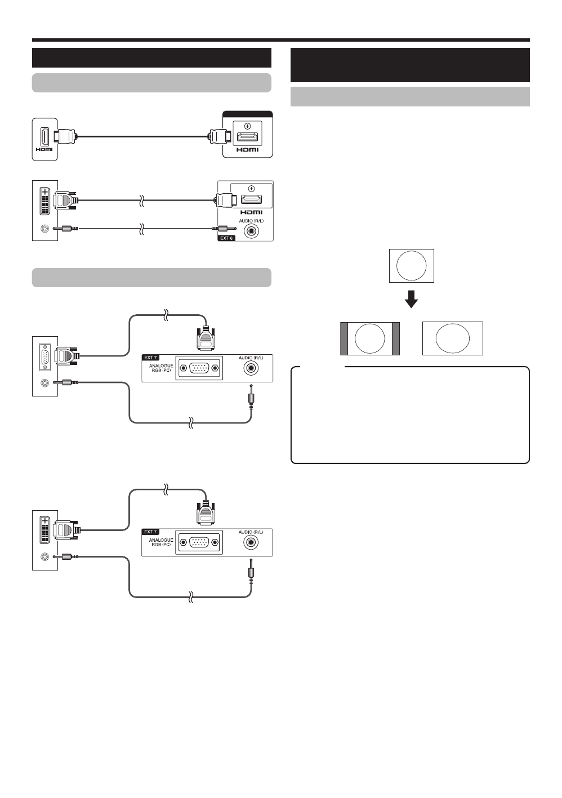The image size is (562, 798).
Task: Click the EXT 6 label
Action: coord(226,238)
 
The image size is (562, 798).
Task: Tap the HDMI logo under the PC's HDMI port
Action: coord(44,149)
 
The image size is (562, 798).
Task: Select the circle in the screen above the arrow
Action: coord(411,266)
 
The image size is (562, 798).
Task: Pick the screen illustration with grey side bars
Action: coord(370,338)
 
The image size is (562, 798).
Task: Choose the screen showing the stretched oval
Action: coord(453,338)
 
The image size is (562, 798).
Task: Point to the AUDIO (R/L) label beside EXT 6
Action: coord(251,220)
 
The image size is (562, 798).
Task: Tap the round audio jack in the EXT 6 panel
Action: coord(258,230)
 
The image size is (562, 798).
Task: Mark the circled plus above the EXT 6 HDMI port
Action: coord(251,188)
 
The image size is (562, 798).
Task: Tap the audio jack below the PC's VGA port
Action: coord(44,383)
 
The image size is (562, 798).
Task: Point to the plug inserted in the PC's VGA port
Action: coord(67,356)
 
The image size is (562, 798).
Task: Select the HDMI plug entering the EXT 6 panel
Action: coord(224,199)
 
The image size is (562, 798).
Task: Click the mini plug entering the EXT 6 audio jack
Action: coord(221,229)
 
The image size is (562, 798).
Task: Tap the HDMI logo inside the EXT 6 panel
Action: coord(251,212)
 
